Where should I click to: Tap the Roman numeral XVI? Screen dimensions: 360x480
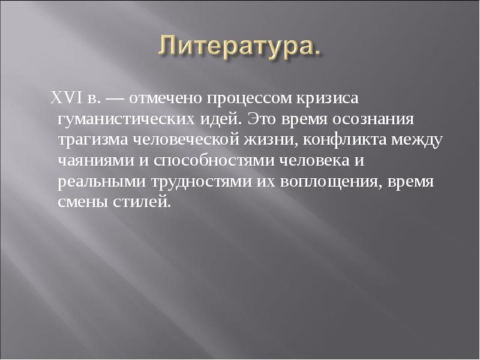coord(63,97)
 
